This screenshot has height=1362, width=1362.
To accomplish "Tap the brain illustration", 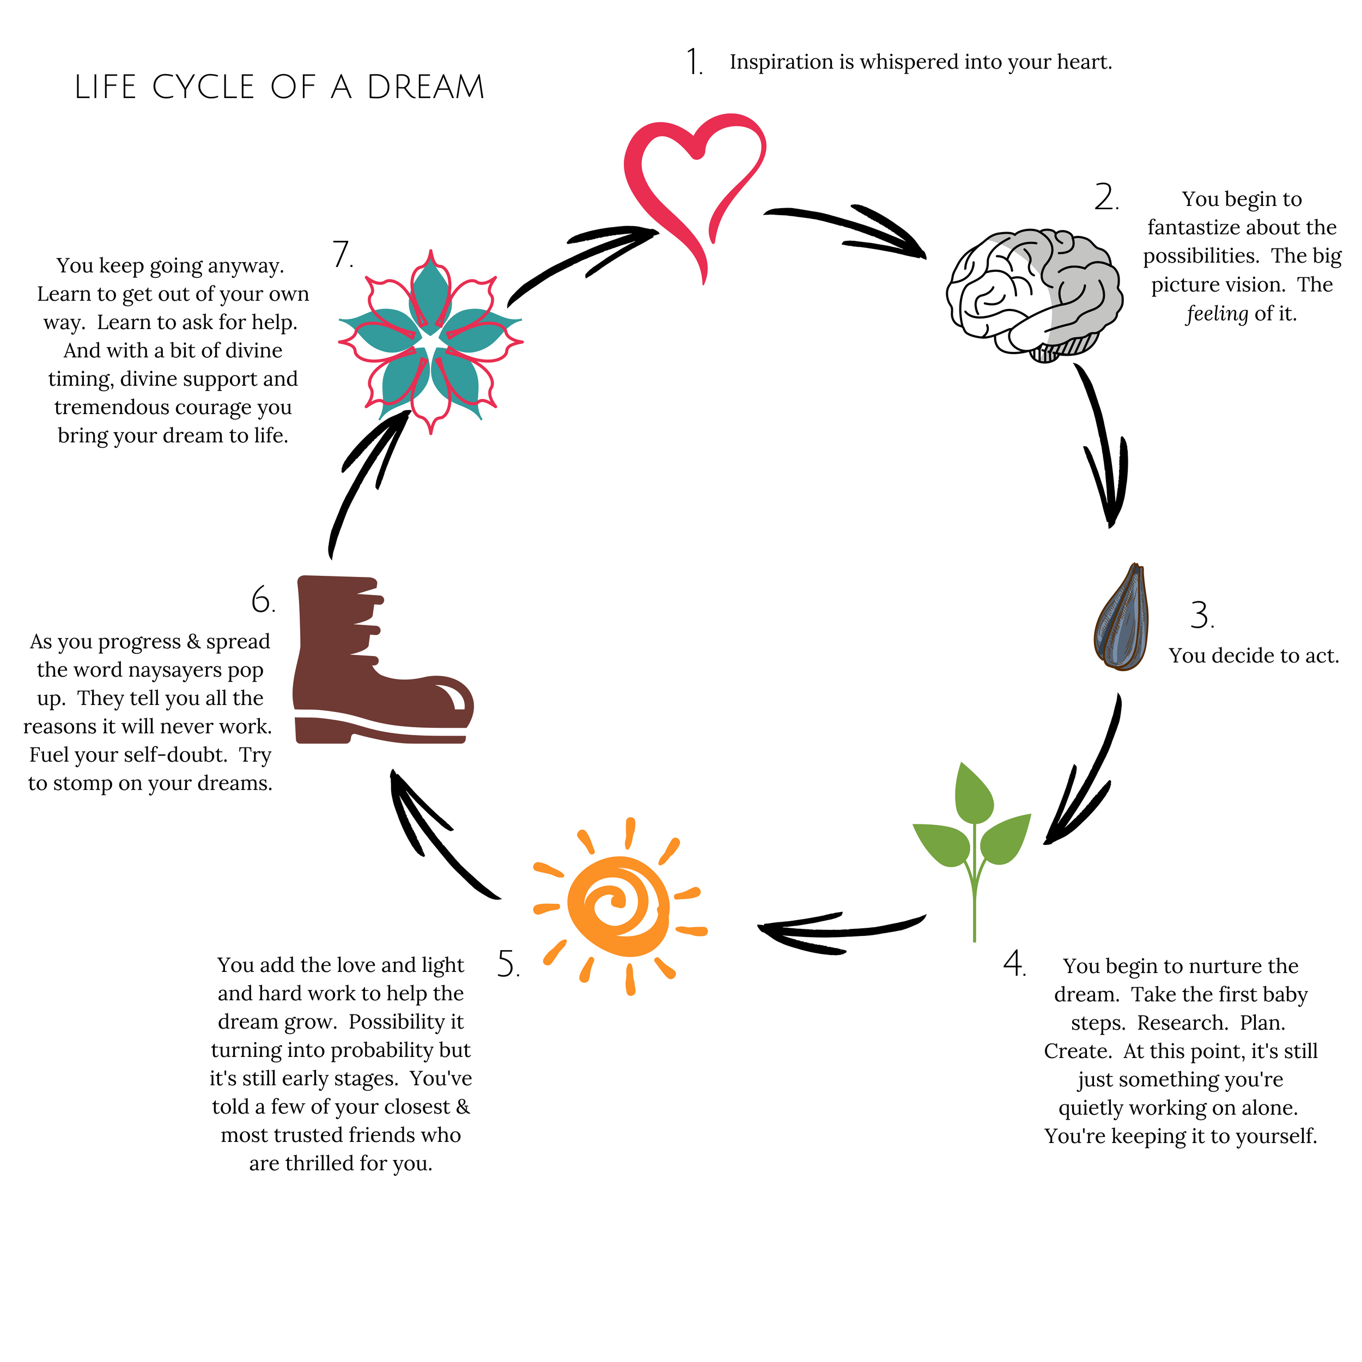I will point(1033,293).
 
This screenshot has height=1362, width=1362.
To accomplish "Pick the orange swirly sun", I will point(619,906).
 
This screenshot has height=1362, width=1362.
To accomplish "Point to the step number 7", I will point(342,255).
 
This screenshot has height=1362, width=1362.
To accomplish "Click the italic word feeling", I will point(1217,314).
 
